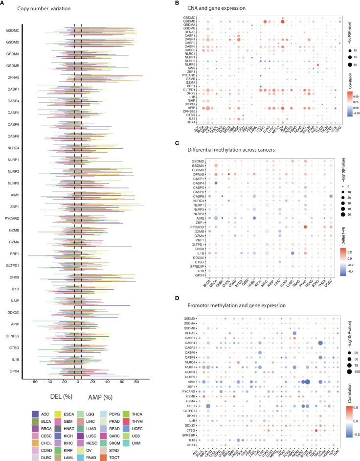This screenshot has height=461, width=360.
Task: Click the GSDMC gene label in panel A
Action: pos(13,30)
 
